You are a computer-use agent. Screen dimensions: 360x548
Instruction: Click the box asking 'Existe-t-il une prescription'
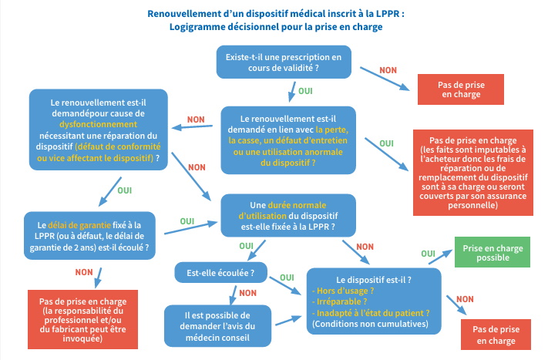(283, 62)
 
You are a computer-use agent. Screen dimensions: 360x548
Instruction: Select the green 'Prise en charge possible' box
(493, 254)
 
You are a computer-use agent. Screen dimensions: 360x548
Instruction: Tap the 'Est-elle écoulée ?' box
(215, 272)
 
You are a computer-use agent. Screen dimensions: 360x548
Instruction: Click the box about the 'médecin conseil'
(219, 326)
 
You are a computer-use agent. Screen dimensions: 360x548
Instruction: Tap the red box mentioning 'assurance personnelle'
(476, 170)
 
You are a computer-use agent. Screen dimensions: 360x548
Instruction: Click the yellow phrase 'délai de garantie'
(76, 215)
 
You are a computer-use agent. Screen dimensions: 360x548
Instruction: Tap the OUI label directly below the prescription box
(305, 90)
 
